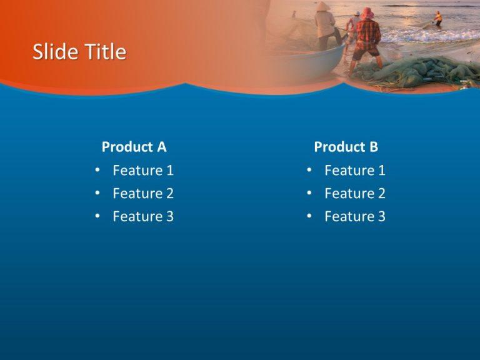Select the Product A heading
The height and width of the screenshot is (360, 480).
[x=134, y=147]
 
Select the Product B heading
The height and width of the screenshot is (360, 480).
[x=346, y=147]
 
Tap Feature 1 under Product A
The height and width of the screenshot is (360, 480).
[x=143, y=170]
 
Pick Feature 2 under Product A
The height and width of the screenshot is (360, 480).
[x=143, y=193]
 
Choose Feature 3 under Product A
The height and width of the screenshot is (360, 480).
[x=143, y=216]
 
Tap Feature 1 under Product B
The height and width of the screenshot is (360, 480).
[x=355, y=170]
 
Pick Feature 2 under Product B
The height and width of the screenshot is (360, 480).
[x=355, y=193]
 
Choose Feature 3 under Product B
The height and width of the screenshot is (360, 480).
[x=355, y=216]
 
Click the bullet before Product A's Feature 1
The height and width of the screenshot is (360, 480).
[x=97, y=170]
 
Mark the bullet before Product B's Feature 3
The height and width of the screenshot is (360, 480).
[x=309, y=216]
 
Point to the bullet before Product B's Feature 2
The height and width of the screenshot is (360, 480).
[x=309, y=193]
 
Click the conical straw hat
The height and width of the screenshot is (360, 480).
[x=322, y=6]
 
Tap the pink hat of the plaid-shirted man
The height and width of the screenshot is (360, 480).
[x=367, y=13]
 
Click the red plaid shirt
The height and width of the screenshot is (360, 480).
[x=369, y=34]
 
